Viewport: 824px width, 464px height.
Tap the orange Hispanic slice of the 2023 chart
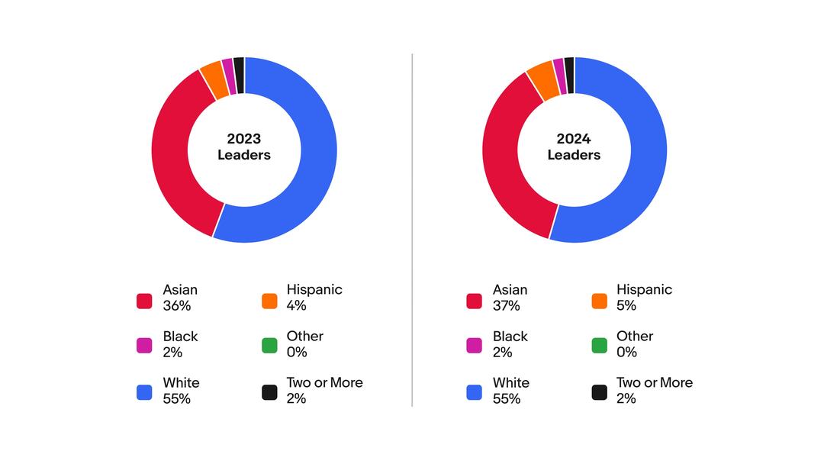tap(214, 81)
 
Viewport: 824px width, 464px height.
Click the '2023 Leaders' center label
tap(244, 147)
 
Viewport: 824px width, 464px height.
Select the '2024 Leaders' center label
tap(574, 147)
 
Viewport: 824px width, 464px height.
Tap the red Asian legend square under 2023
tap(144, 301)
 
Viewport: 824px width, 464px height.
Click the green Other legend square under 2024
tap(600, 346)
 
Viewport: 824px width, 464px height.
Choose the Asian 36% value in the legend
tap(176, 306)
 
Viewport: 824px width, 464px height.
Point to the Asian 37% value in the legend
tap(507, 306)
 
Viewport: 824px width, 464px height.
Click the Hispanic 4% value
tap(296, 306)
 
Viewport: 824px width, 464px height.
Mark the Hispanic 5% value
tap(626, 306)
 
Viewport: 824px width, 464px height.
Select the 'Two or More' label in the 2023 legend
tap(324, 382)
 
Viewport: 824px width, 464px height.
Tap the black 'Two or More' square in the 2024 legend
tap(600, 392)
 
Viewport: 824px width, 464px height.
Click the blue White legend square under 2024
tap(474, 392)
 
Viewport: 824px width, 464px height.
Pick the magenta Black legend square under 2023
tap(144, 346)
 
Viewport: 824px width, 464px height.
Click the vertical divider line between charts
tap(413, 229)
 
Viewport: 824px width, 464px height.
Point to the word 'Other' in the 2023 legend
tap(304, 336)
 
